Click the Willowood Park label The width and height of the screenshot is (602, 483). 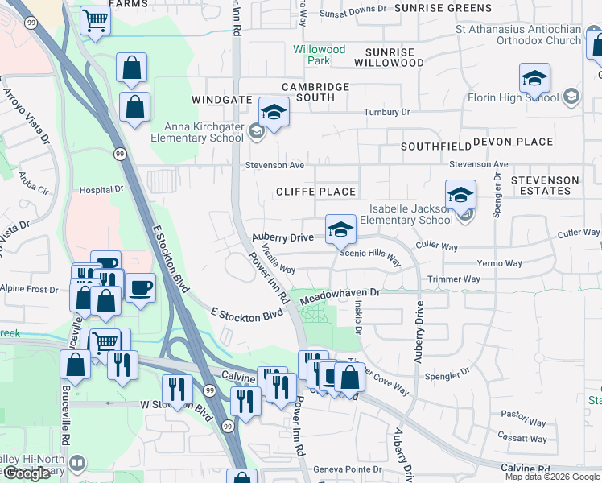pyautogui.click(x=319, y=55)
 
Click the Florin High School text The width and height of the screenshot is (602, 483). pyautogui.click(x=513, y=97)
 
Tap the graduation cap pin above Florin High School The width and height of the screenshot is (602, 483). pyautogui.click(x=534, y=79)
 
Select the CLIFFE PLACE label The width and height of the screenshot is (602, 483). pyautogui.click(x=315, y=192)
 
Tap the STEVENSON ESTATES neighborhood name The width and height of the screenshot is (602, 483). pyautogui.click(x=545, y=185)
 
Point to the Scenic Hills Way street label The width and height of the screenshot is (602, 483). pyautogui.click(x=369, y=257)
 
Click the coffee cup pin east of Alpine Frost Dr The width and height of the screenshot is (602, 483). pyautogui.click(x=140, y=287)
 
